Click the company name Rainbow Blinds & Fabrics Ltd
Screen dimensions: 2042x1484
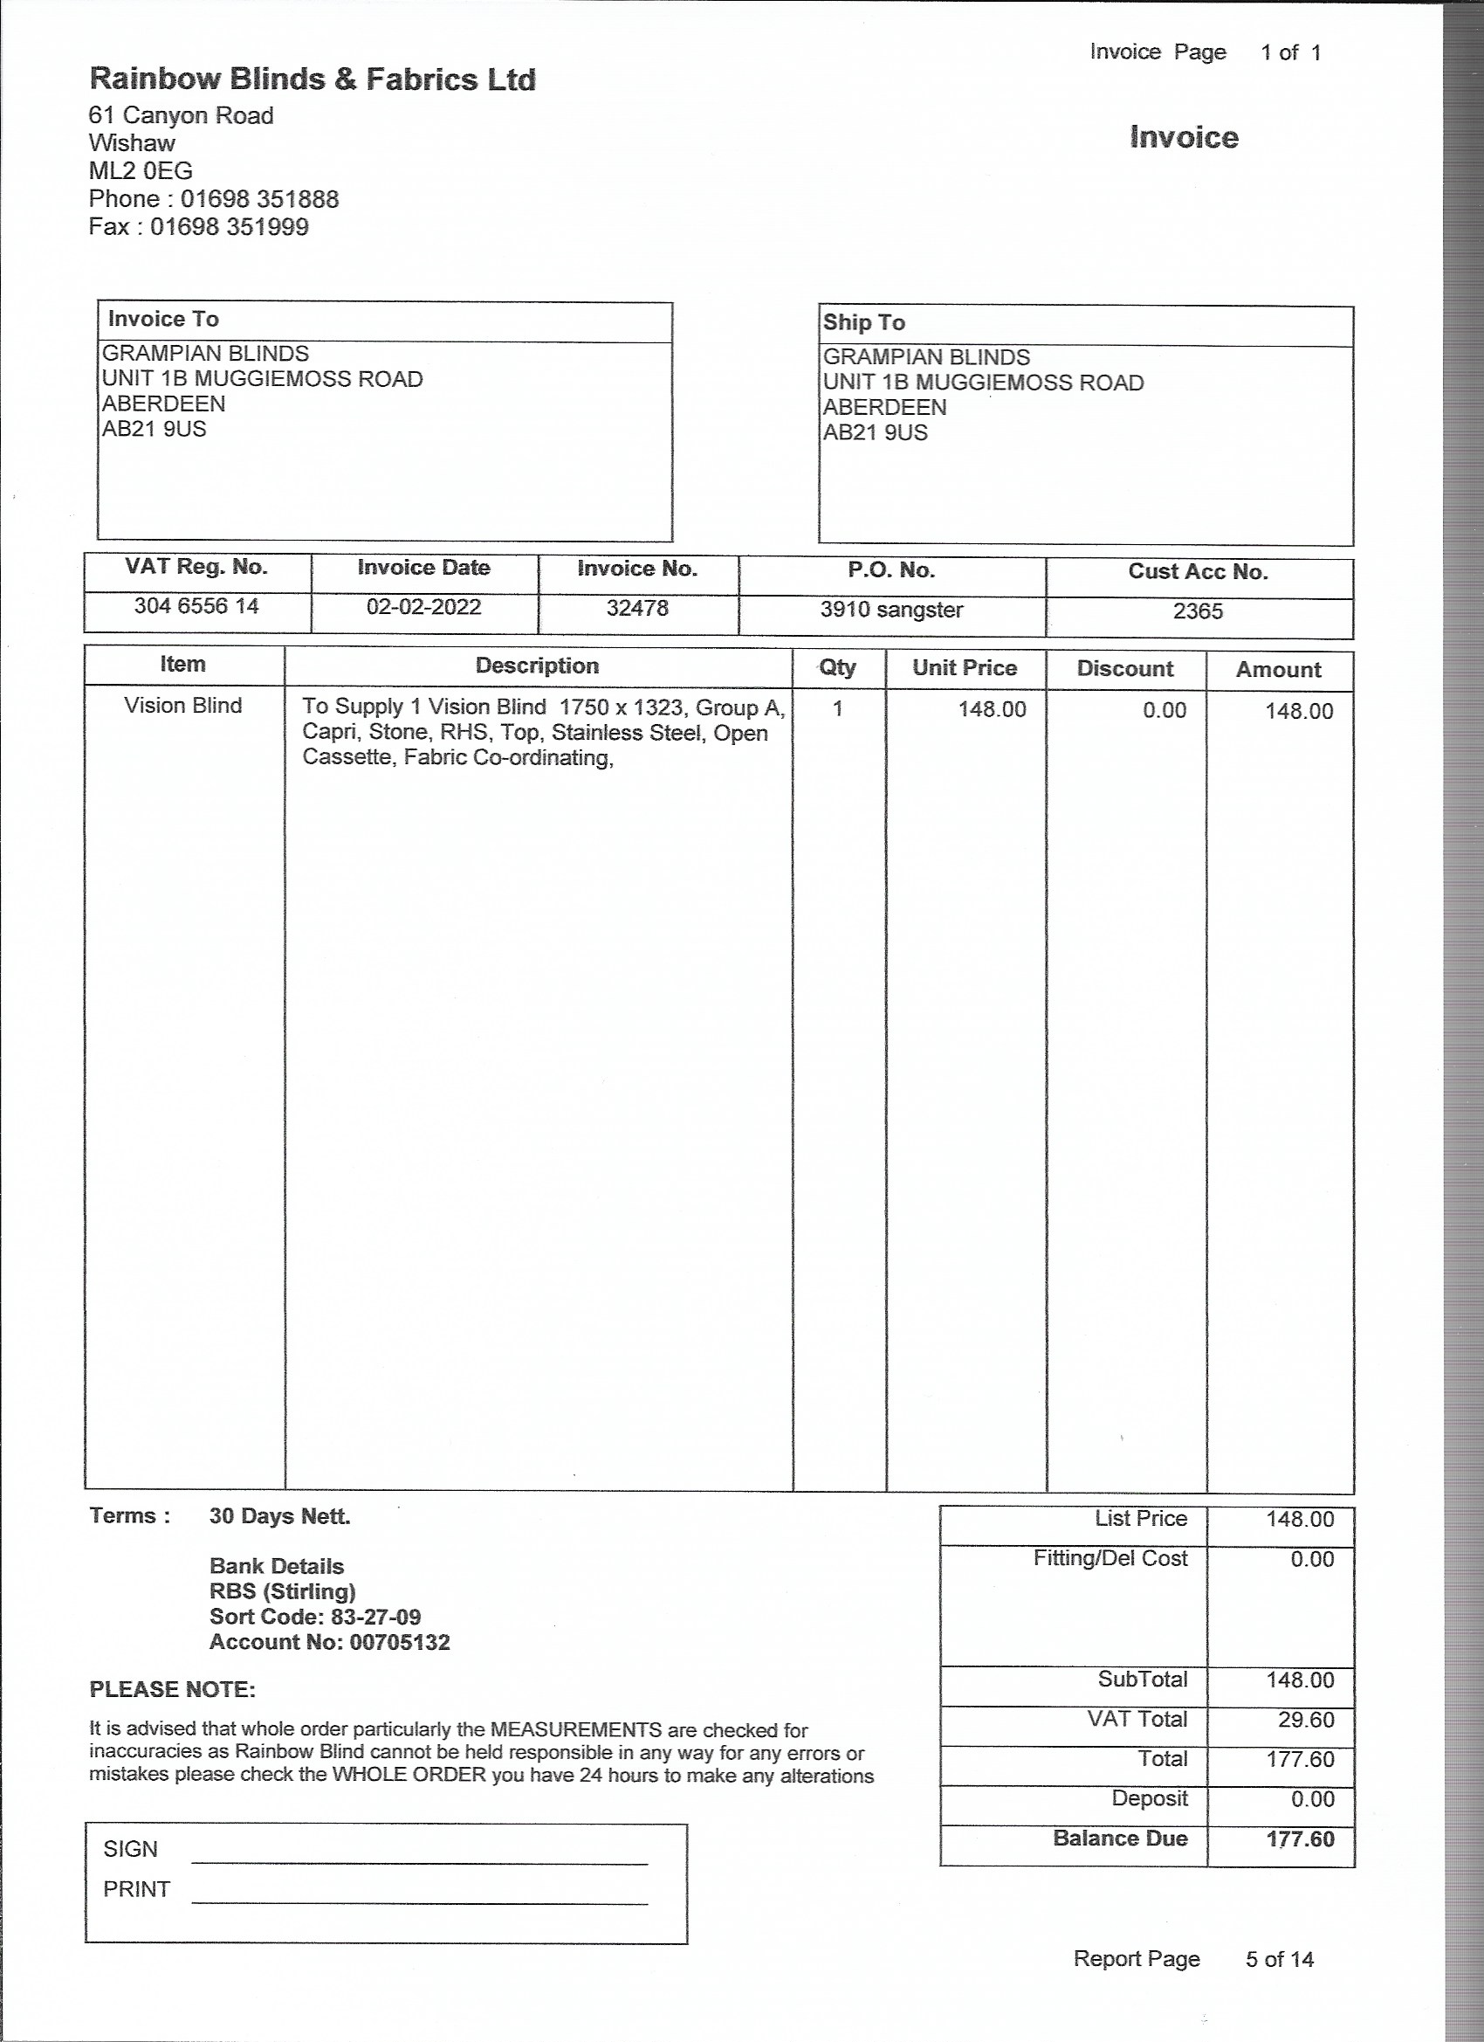pos(313,80)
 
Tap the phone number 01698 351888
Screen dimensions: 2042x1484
pos(259,199)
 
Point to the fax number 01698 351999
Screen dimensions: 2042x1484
pos(229,227)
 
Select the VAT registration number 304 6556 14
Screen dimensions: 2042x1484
pos(196,607)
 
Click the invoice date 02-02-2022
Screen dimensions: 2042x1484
pos(423,608)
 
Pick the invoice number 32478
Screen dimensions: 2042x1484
pos(637,609)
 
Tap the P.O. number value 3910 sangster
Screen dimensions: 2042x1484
pos(891,611)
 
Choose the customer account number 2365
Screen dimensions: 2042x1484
pos(1198,612)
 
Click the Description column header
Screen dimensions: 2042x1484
pos(537,666)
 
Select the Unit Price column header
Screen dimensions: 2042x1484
pos(964,668)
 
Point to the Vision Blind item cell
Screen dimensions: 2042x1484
pos(182,706)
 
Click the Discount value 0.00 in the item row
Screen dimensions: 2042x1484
pos(1165,711)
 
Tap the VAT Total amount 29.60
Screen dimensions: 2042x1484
pos(1306,1721)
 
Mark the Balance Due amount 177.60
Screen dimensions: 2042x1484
pos(1301,1839)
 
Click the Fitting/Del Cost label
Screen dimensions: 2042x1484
pos(1110,1558)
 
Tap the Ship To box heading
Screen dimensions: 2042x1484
pos(864,323)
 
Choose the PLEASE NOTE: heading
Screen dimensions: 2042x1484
pos(172,1690)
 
